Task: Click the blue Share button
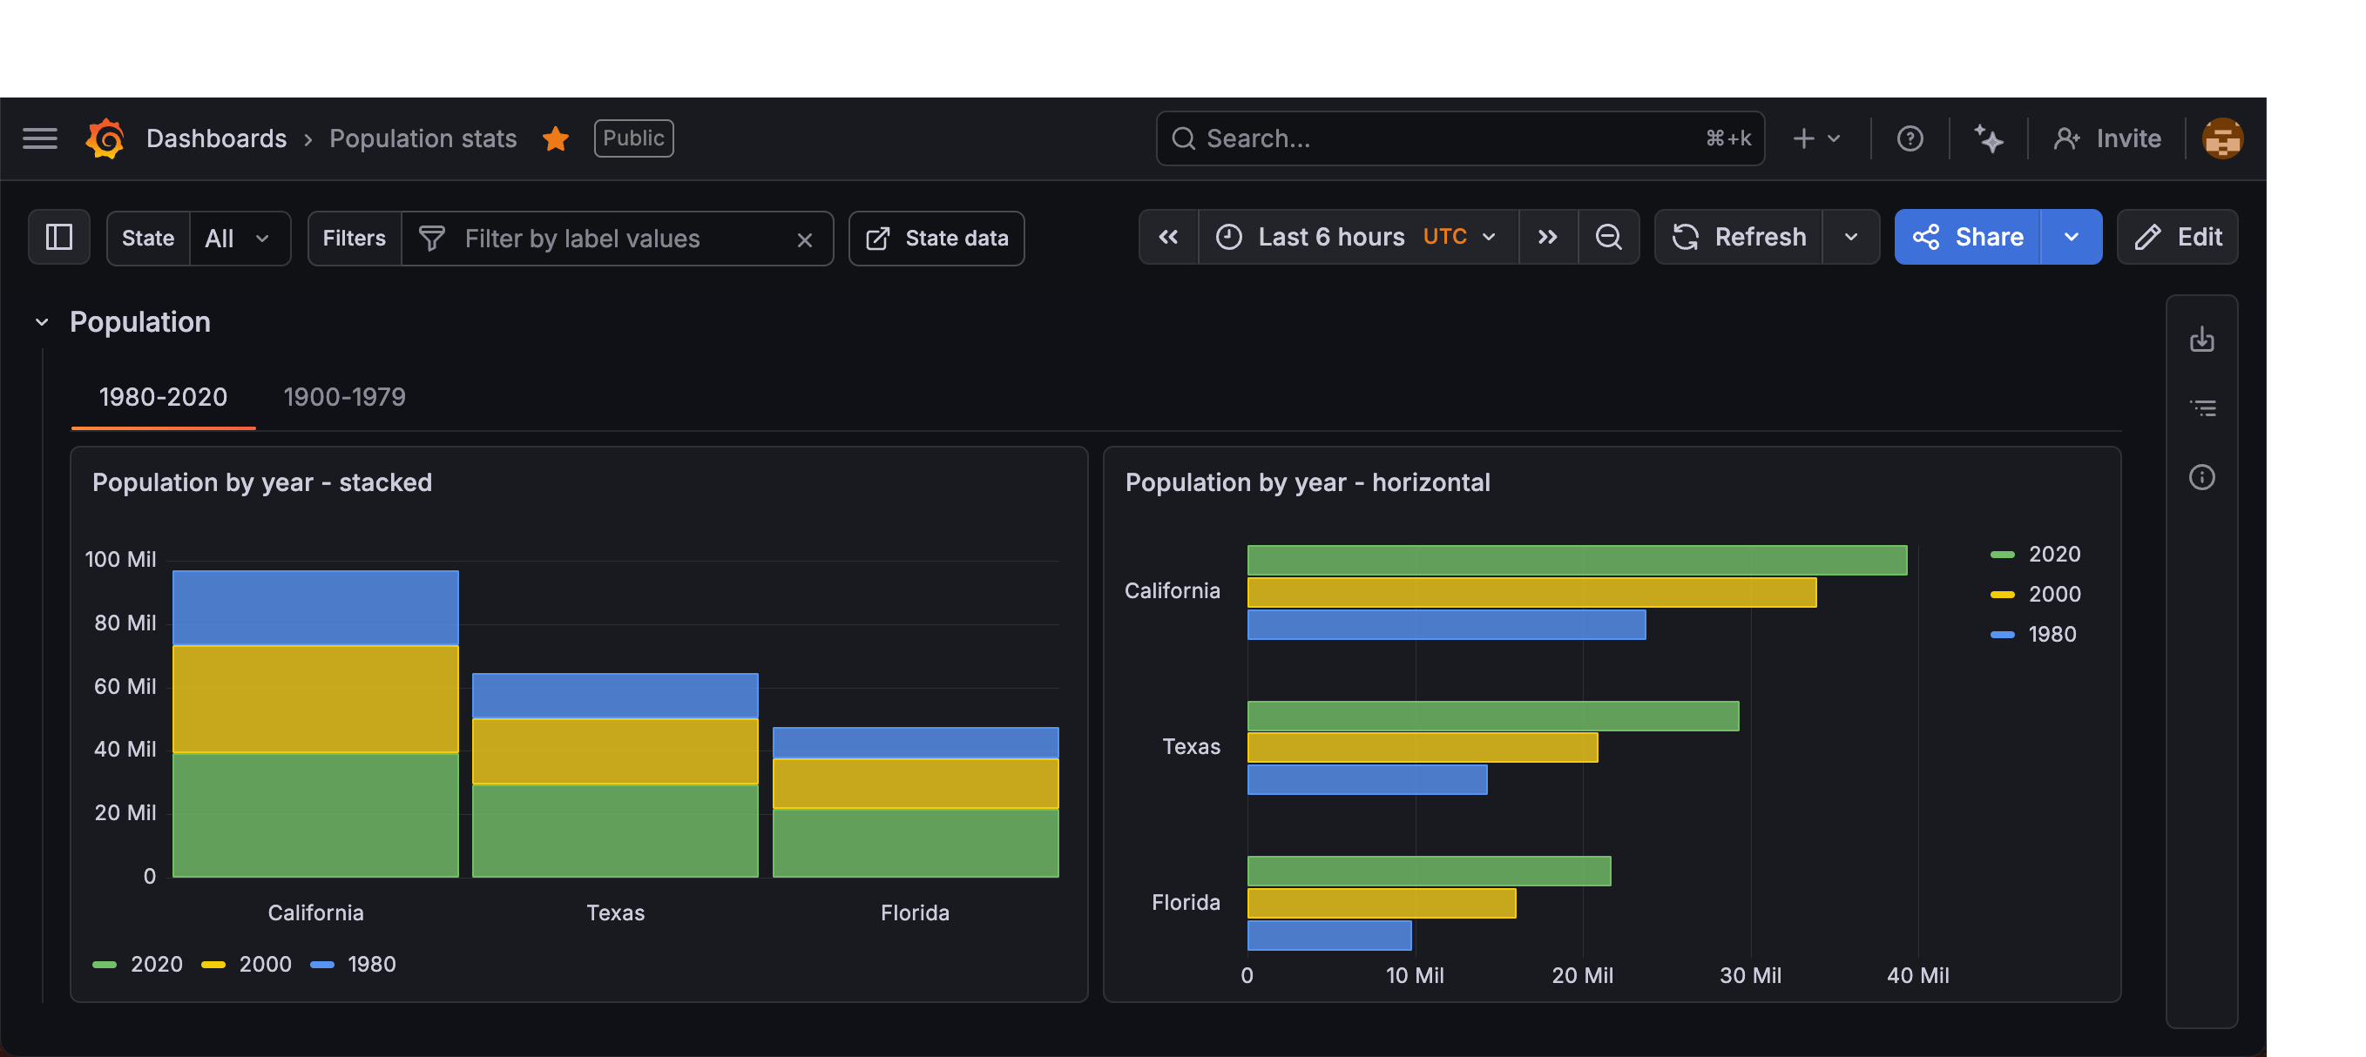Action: (x=1967, y=238)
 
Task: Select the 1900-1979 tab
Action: (x=344, y=397)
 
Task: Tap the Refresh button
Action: (x=1740, y=238)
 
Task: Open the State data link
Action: (x=936, y=239)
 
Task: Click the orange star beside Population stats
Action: (x=556, y=138)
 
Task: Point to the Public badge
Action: (x=634, y=138)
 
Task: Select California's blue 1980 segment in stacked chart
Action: (x=315, y=608)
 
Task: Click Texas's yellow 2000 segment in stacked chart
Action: (x=614, y=751)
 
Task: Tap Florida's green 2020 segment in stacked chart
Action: (x=915, y=842)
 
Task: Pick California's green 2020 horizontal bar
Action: (x=1576, y=560)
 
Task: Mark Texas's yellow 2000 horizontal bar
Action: (x=1422, y=748)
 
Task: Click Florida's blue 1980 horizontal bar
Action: (x=1329, y=935)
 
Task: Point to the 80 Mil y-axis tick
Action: (x=125, y=623)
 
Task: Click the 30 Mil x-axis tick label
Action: (x=1750, y=975)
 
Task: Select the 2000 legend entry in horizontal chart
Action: (x=2052, y=594)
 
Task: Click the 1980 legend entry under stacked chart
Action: (x=370, y=964)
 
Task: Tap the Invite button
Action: (x=2108, y=138)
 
